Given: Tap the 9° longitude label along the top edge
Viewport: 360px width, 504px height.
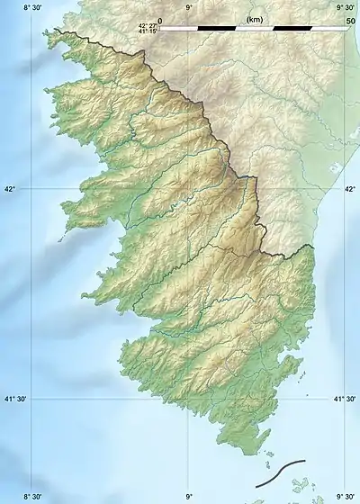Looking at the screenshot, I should click(x=188, y=7).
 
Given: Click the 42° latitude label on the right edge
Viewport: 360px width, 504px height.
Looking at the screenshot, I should click(x=349, y=189).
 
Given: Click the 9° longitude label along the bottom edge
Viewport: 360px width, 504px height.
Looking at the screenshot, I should click(x=188, y=496).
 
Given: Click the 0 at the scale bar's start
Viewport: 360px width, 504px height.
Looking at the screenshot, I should click(x=160, y=20).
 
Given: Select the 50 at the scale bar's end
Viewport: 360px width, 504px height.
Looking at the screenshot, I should click(x=350, y=20).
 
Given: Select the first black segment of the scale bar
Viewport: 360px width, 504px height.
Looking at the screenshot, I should click(x=216, y=28).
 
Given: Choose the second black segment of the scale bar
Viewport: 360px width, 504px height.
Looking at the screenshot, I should click(x=292, y=28).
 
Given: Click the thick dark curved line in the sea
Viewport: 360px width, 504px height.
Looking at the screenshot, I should click(x=280, y=473).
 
